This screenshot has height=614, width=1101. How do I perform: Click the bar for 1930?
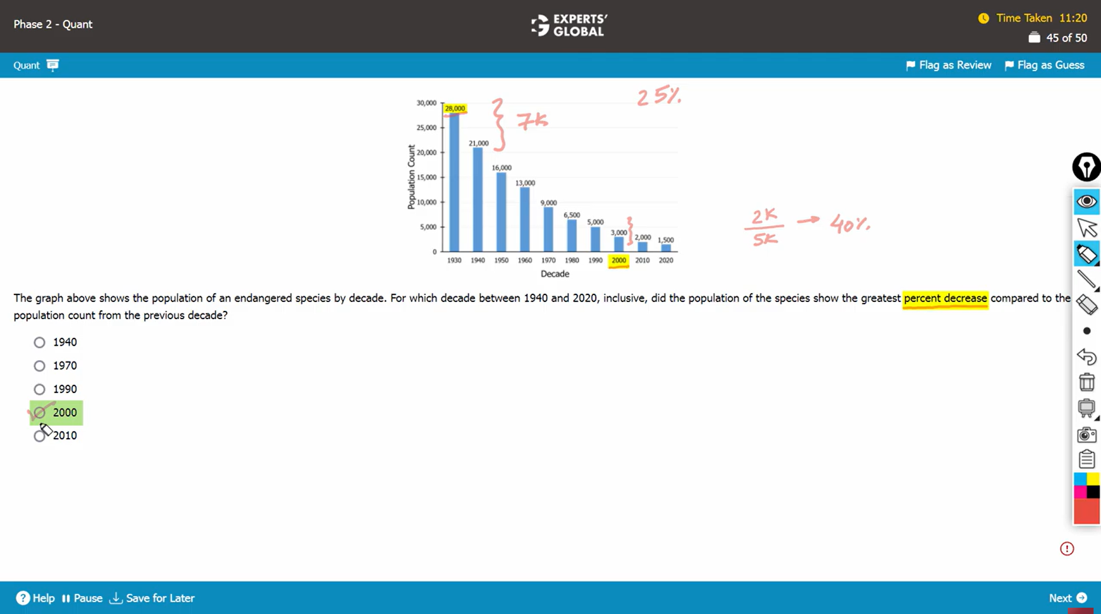pos(454,183)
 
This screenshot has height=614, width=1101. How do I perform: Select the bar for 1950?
pos(501,212)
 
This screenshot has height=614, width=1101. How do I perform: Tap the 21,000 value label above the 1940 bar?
pos(479,143)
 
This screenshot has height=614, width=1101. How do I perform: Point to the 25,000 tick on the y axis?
pos(427,128)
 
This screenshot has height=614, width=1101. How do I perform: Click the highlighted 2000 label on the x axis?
pos(619,260)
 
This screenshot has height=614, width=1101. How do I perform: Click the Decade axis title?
pos(555,274)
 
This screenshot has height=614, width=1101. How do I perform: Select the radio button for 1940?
pos(39,343)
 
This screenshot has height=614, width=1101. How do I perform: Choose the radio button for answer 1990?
pos(39,389)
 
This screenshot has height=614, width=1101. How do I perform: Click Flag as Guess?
pos(1045,65)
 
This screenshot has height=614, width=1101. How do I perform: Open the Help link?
pos(36,598)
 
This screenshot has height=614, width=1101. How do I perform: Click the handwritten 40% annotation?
pos(849,223)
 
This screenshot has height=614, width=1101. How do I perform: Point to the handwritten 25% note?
pos(659,96)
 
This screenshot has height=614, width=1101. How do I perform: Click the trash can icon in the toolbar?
pos(1086,382)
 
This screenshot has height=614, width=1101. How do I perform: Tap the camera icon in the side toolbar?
pos(1086,435)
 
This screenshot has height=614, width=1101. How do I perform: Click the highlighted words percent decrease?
pos(945,298)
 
